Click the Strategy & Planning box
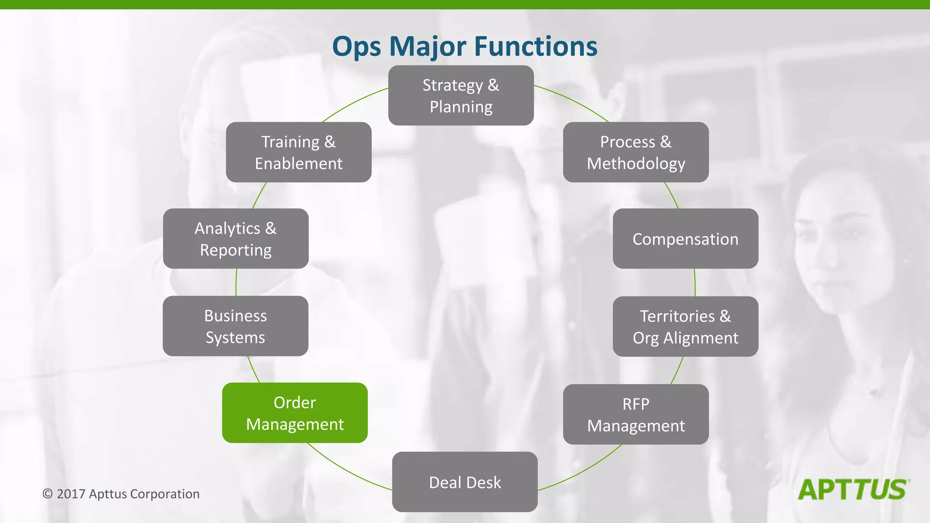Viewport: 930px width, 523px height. coord(460,95)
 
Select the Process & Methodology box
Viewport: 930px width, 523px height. coord(636,152)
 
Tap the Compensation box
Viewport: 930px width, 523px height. coord(685,238)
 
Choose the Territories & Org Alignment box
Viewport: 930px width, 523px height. coord(685,326)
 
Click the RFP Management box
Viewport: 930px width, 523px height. coord(636,414)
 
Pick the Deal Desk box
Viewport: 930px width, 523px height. coord(465,482)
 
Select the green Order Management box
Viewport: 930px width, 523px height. coord(295,413)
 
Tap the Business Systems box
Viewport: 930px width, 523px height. coord(235,326)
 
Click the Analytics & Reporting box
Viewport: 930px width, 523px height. coord(235,238)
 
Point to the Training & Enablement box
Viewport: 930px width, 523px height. coord(298,152)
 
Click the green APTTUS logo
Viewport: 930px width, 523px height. coord(852,490)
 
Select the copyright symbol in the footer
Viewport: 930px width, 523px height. coord(47,494)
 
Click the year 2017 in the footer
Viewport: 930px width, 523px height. coord(71,494)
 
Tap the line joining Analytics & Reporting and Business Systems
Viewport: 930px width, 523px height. coord(236,282)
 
